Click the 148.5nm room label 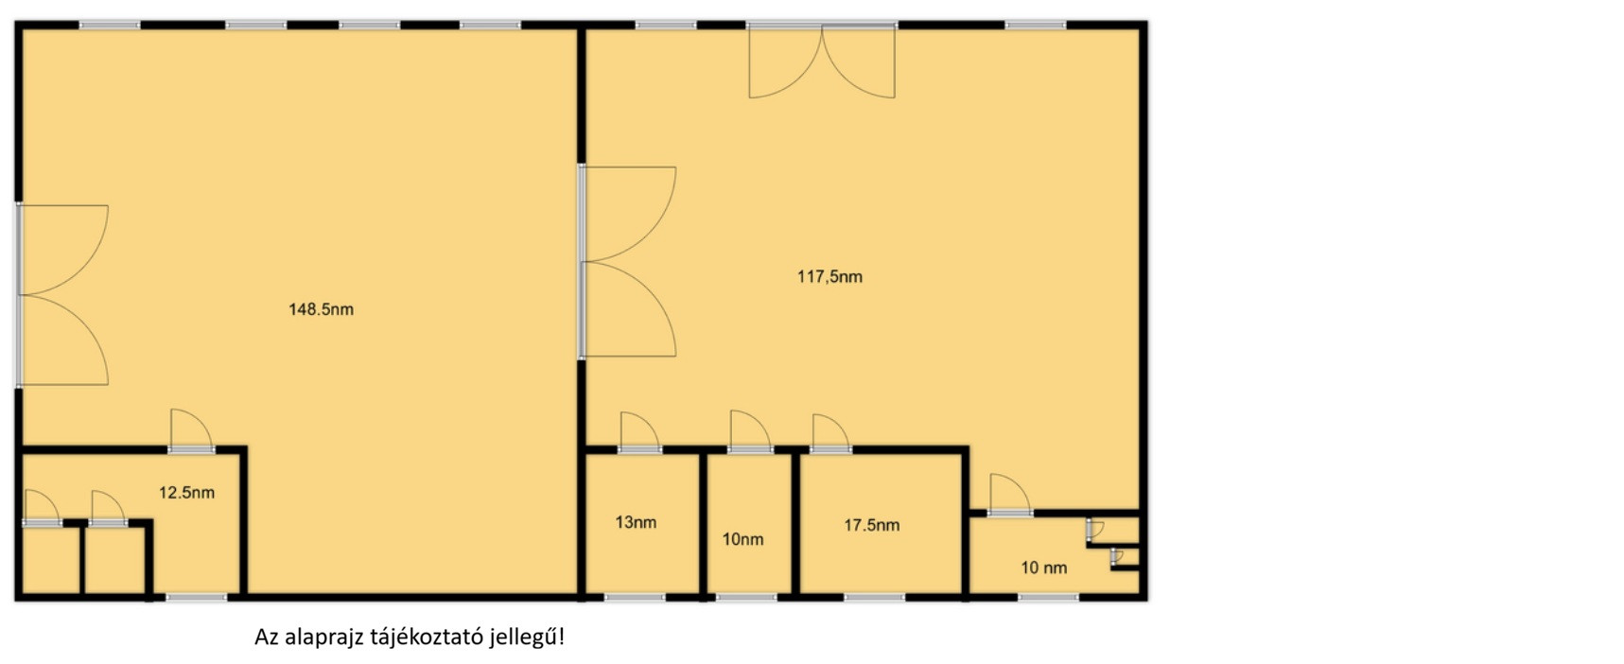(321, 309)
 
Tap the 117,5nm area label (829, 277)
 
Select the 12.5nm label (186, 493)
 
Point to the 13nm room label (636, 522)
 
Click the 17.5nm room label (872, 525)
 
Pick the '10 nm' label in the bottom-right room (1044, 568)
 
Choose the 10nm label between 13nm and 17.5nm (742, 539)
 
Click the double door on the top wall (822, 61)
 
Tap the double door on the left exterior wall (62, 295)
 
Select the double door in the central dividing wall (628, 262)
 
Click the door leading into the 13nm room (640, 432)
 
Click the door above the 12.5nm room (191, 430)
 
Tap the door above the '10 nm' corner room (1010, 495)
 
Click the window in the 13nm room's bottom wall (635, 598)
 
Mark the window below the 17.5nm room (874, 598)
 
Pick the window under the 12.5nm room (197, 598)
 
